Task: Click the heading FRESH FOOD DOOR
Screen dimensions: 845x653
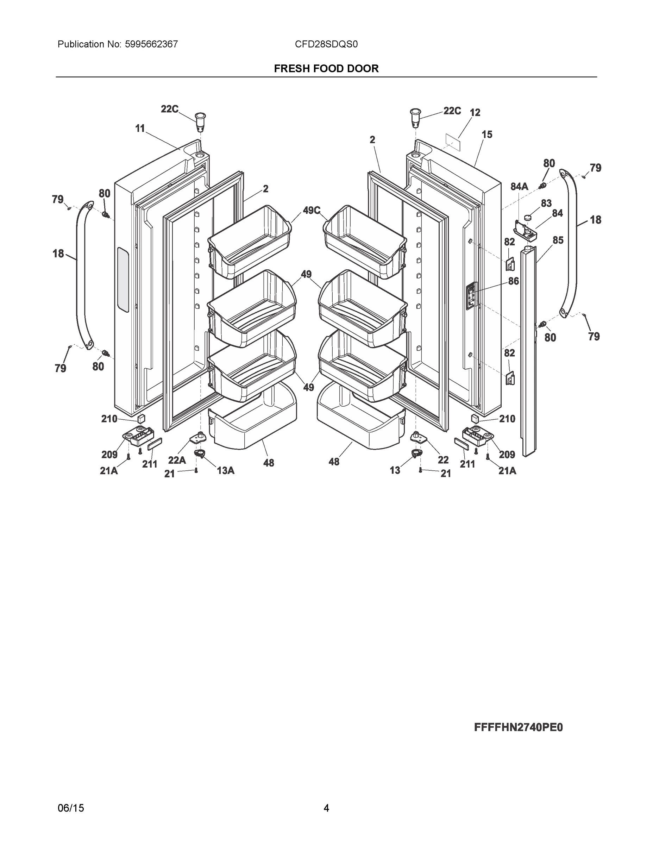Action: click(x=326, y=69)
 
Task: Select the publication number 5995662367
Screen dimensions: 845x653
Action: click(x=151, y=44)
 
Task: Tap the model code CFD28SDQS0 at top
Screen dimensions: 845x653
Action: click(x=326, y=44)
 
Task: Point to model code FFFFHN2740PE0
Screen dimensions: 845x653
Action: click(x=519, y=727)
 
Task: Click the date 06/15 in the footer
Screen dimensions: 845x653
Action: click(x=71, y=808)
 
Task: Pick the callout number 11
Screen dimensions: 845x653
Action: click(x=140, y=129)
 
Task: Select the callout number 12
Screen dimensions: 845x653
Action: click(x=475, y=113)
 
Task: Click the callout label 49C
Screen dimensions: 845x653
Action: click(x=312, y=211)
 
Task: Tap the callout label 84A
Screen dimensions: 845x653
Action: click(x=519, y=187)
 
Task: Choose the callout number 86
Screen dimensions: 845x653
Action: click(x=513, y=281)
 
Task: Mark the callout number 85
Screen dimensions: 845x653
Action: click(x=558, y=240)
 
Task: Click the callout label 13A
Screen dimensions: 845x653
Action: click(x=226, y=470)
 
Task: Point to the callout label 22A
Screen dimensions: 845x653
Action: click(x=177, y=460)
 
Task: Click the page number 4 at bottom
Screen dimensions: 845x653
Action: click(x=326, y=808)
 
